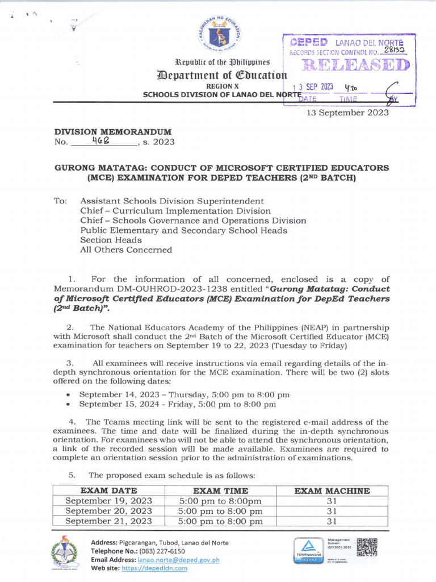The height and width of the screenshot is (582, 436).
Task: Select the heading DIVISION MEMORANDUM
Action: pyautogui.click(x=112, y=132)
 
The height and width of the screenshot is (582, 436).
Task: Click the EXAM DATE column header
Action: pyautogui.click(x=108, y=490)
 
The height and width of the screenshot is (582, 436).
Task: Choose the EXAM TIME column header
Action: pyautogui.click(x=220, y=490)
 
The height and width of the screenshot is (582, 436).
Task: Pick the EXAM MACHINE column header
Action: pyautogui.click(x=332, y=490)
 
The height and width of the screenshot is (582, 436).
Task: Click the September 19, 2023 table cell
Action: pyautogui.click(x=108, y=501)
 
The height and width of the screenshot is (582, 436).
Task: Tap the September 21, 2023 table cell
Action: pyautogui.click(x=108, y=521)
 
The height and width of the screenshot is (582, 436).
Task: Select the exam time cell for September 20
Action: pyautogui.click(x=220, y=511)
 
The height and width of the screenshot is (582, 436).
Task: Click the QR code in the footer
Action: pyautogui.click(x=367, y=547)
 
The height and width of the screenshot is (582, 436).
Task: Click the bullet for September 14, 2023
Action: pyautogui.click(x=68, y=394)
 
